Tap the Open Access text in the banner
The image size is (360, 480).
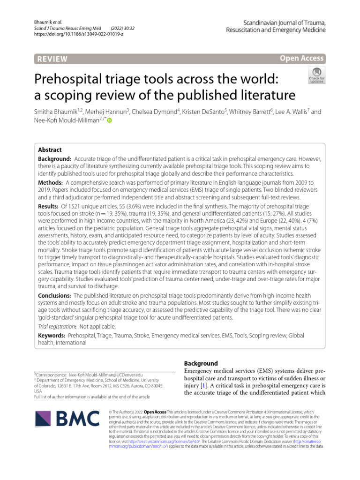pyautogui.click(x=301, y=59)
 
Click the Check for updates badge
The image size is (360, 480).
pyautogui.click(x=316, y=75)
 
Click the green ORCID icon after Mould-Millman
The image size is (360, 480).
pyautogui.click(x=110, y=121)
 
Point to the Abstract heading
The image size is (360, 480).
pyautogui.click(x=50, y=150)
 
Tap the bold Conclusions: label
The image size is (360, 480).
pyautogui.click(x=54, y=296)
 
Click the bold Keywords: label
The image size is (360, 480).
pyautogui.click(x=52, y=336)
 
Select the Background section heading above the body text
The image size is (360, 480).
pyautogui.click(x=201, y=363)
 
